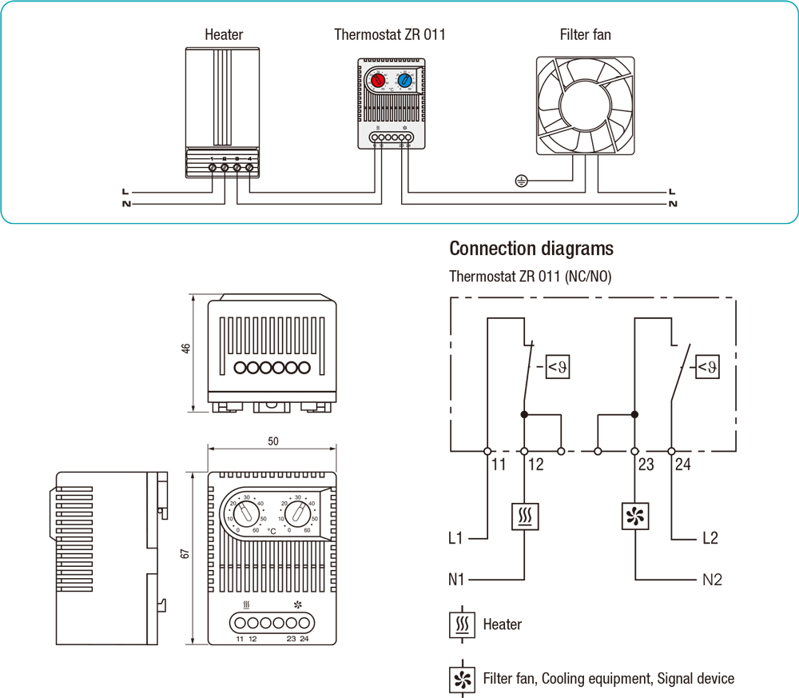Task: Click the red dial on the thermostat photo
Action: (378, 81)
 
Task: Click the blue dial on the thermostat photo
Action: (404, 81)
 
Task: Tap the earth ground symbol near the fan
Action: (521, 181)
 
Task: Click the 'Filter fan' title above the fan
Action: (586, 34)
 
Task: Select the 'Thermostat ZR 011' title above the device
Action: (389, 34)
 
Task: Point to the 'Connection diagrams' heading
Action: (531, 248)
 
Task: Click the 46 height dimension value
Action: (186, 349)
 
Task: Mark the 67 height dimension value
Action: (186, 552)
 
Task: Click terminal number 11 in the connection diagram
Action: (499, 465)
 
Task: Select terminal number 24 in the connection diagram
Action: (682, 465)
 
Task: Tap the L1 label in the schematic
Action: (455, 538)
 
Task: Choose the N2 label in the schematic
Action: (712, 579)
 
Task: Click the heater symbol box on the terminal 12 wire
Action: (524, 517)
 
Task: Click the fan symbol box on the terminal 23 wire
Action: (635, 517)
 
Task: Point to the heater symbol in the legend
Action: (461, 624)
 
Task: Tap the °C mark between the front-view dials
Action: (272, 530)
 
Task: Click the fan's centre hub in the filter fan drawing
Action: (586, 106)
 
